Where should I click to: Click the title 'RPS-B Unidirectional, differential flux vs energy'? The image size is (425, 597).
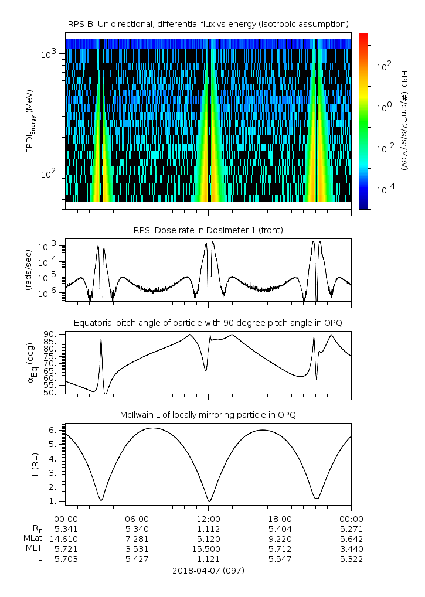pyautogui.click(x=209, y=23)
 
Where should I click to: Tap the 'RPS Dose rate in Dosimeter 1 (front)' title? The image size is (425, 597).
pyautogui.click(x=209, y=230)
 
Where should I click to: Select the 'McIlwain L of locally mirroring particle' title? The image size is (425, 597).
pyautogui.click(x=209, y=415)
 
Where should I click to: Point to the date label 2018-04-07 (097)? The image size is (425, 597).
pyautogui.click(x=209, y=570)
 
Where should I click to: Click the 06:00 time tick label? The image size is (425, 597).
pyautogui.click(x=137, y=518)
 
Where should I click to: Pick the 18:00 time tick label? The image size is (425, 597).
pyautogui.click(x=280, y=518)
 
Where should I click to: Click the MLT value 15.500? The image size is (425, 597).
pyautogui.click(x=209, y=549)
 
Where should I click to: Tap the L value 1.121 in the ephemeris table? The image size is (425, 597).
pyautogui.click(x=209, y=559)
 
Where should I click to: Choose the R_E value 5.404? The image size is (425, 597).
pyautogui.click(x=280, y=528)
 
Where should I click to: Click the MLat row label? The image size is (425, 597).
pyautogui.click(x=32, y=538)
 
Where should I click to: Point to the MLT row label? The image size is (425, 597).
pyautogui.click(x=32, y=549)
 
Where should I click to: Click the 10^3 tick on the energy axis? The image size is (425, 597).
pyautogui.click(x=48, y=54)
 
